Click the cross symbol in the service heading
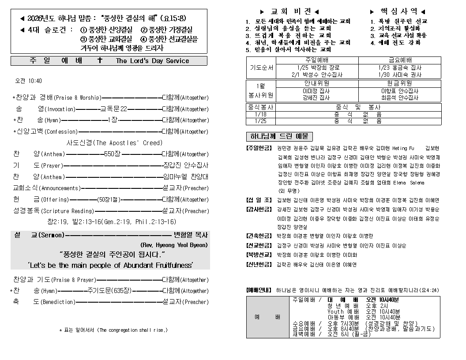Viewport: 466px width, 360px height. coord(100,60)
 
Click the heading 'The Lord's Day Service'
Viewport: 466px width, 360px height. coord(152,61)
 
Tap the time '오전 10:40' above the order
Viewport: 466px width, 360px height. coord(29,81)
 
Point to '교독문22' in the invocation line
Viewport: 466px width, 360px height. coord(114,109)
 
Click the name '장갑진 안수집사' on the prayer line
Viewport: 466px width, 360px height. coord(185,165)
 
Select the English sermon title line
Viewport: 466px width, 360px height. coord(110,265)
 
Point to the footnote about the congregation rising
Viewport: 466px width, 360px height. coord(113,330)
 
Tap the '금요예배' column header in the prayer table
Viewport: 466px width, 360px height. coord(400,60)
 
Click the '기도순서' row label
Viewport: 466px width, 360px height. coord(261,68)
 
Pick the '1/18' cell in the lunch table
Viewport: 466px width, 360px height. coord(261,114)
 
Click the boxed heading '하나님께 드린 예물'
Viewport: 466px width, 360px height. coord(279,136)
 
